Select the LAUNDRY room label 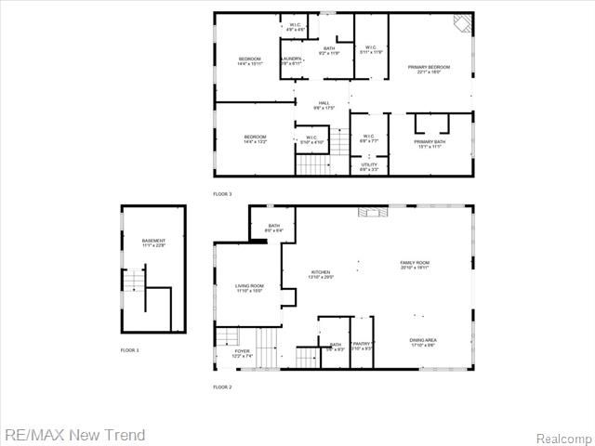[292, 61]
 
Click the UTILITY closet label [369, 167]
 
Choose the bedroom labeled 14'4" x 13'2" [256, 139]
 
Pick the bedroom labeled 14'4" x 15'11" [256, 62]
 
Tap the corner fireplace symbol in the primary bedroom [462, 22]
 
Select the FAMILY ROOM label [415, 266]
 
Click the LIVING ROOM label [249, 289]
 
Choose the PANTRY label [362, 346]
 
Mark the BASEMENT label [153, 243]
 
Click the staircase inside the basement [135, 279]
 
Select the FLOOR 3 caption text [222, 193]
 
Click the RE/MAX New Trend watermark [74, 435]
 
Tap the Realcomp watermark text [563, 437]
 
